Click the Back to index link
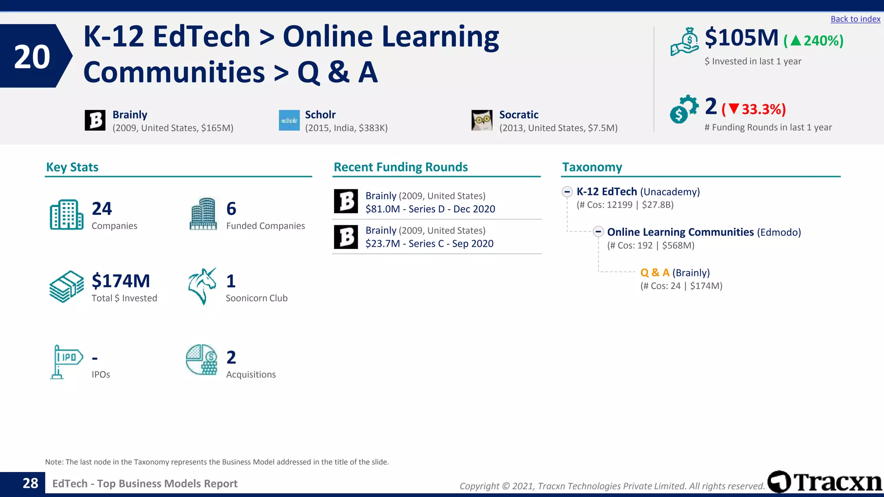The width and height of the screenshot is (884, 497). pyautogui.click(x=855, y=19)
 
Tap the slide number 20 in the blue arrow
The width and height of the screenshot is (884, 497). pyautogui.click(x=32, y=57)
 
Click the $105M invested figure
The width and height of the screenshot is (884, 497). pyautogui.click(x=742, y=38)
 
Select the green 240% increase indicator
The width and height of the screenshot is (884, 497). pyautogui.click(x=814, y=41)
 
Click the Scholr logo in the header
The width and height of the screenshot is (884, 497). pyautogui.click(x=289, y=120)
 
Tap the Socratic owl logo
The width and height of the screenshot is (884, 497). pyautogui.click(x=482, y=120)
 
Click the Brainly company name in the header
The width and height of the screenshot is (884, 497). pyautogui.click(x=130, y=115)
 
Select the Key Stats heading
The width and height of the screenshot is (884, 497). pyautogui.click(x=72, y=167)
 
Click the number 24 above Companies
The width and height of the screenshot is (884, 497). pyautogui.click(x=102, y=209)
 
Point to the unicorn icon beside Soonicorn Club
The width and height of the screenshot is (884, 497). pyautogui.click(x=202, y=286)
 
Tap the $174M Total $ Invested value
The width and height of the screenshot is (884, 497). pyautogui.click(x=121, y=281)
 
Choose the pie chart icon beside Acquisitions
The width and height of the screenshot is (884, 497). pyautogui.click(x=202, y=359)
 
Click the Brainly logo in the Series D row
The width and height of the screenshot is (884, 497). pyautogui.click(x=346, y=201)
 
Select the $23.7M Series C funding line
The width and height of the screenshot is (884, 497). pyautogui.click(x=429, y=244)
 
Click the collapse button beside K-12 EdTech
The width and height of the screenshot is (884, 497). pyautogui.click(x=567, y=192)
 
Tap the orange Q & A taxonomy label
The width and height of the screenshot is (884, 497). pyautogui.click(x=655, y=273)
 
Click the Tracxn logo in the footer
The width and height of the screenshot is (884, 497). pyautogui.click(x=825, y=482)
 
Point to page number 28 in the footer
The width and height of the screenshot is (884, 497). pyautogui.click(x=30, y=483)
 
